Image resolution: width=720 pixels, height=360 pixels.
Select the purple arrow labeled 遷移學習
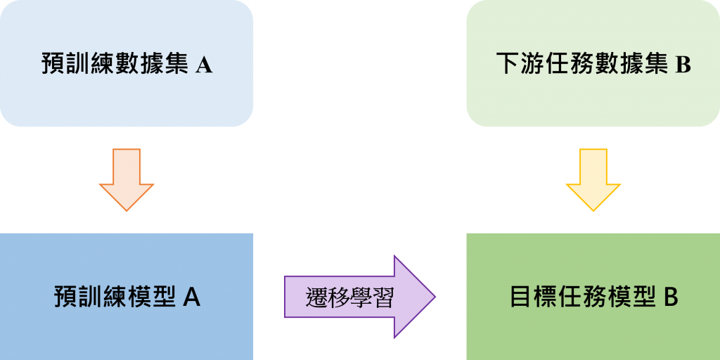tap(359, 296)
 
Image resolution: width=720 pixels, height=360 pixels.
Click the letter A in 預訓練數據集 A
tap(203, 65)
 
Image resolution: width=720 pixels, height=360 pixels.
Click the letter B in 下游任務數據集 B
tap(683, 65)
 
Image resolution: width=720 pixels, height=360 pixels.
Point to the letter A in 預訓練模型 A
tap(192, 297)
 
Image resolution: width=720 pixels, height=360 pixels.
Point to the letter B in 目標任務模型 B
tap(670, 297)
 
